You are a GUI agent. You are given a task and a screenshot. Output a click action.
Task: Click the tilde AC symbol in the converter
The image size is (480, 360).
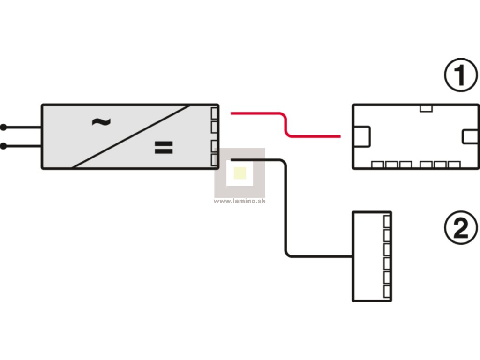click(101, 122)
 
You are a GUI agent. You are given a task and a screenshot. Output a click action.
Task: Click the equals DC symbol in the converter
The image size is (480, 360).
click(164, 148)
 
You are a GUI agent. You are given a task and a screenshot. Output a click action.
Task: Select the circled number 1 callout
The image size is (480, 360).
click(460, 76)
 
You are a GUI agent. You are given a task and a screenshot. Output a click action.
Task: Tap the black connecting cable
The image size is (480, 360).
click(285, 211)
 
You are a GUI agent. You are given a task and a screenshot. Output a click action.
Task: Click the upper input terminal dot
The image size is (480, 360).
click(3, 127)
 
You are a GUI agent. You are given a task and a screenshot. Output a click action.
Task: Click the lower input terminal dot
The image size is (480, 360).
click(3, 146)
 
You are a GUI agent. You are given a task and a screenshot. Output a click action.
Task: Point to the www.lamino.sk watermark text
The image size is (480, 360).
click(240, 201)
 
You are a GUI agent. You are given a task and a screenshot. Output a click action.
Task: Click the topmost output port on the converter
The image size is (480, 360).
click(215, 113)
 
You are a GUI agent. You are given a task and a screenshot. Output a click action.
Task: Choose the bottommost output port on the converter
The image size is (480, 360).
click(215, 160)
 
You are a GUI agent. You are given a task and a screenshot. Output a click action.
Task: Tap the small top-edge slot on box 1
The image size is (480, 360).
click(426, 108)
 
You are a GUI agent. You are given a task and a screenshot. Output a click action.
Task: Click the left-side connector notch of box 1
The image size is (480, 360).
click(362, 136)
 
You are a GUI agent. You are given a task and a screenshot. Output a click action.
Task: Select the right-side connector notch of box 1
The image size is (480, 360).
click(470, 136)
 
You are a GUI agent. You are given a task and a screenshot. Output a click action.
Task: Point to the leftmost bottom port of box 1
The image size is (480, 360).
click(378, 165)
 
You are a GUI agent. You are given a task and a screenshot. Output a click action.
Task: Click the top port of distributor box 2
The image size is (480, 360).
click(387, 220)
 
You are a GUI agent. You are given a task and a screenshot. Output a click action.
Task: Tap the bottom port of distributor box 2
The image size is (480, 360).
click(387, 291)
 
